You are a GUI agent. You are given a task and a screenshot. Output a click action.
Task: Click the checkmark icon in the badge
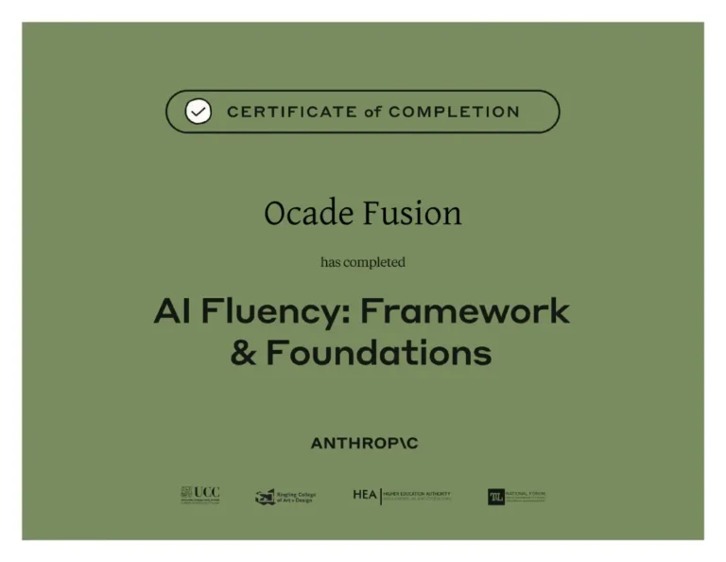pos(198,112)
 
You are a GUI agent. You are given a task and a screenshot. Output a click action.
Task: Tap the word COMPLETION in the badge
pos(454,112)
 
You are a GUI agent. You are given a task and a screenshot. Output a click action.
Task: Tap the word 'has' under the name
pos(330,262)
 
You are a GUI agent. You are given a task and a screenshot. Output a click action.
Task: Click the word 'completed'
pos(374,262)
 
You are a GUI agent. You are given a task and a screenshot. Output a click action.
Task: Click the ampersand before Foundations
pos(244,354)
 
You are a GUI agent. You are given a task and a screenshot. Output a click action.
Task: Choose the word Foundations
pos(378,354)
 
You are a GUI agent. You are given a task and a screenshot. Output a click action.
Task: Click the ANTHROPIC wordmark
pos(363,444)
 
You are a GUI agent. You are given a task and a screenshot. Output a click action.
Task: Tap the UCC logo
pos(199,495)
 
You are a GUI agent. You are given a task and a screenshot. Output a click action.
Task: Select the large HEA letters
pos(365,495)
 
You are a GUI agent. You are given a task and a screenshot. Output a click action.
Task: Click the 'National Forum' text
pos(527,496)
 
